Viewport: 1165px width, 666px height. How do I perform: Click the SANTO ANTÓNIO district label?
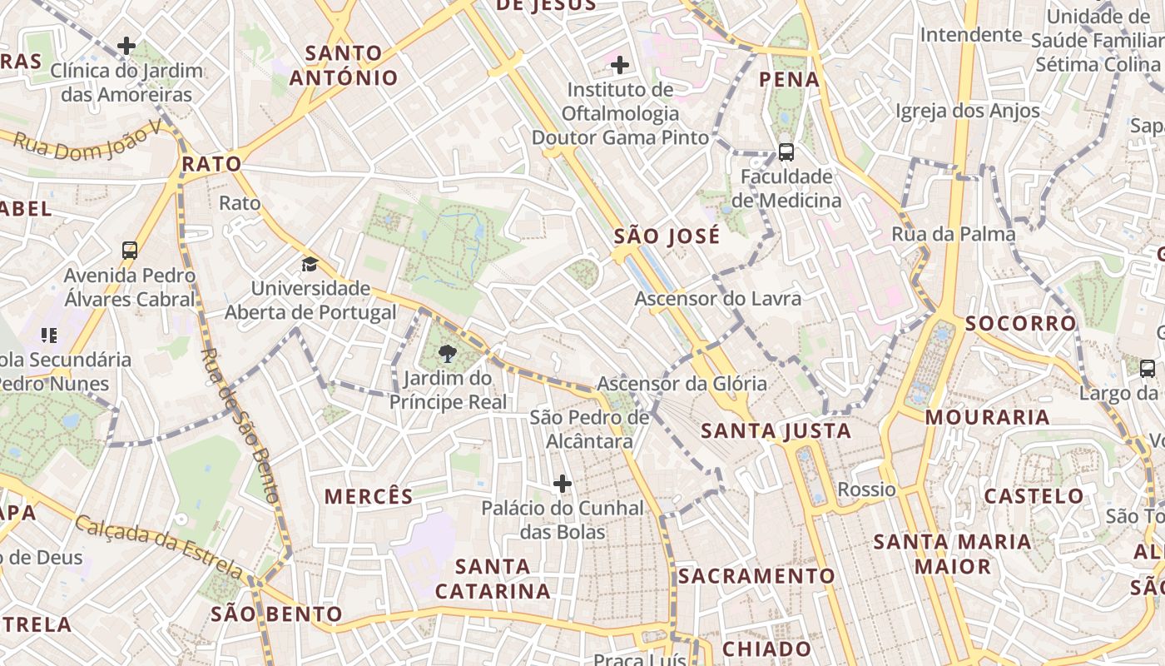[x=344, y=66]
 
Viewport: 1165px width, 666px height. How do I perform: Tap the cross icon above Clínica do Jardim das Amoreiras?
[x=126, y=46]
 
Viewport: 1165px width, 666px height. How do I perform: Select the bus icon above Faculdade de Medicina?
[x=786, y=152]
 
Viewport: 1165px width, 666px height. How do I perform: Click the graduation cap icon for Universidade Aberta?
[x=310, y=265]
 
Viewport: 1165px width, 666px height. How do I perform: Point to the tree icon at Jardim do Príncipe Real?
[x=448, y=354]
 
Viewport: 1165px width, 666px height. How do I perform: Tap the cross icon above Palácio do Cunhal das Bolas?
[x=563, y=483]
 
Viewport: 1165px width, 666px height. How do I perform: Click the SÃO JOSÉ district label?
[x=667, y=236]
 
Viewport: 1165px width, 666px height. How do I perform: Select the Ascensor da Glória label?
[x=682, y=384]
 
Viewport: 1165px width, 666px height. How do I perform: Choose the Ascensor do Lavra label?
[x=718, y=298]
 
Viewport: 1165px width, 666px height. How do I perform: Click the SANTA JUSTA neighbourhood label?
[x=776, y=430]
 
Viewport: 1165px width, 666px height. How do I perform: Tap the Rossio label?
[x=866, y=490]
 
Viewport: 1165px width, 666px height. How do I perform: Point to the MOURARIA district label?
[x=987, y=417]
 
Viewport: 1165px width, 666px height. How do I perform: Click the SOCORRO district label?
[x=1021, y=323]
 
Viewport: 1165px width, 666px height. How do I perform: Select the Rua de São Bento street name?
[x=240, y=425]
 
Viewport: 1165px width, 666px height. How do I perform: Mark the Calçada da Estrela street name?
[x=158, y=546]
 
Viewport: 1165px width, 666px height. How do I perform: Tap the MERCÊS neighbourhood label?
[x=369, y=497]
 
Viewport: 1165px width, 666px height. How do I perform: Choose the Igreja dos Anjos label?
[x=968, y=111]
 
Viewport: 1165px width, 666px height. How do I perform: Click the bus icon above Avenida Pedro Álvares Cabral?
[x=130, y=250]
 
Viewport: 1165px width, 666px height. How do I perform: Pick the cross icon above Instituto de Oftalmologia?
[x=620, y=64]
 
